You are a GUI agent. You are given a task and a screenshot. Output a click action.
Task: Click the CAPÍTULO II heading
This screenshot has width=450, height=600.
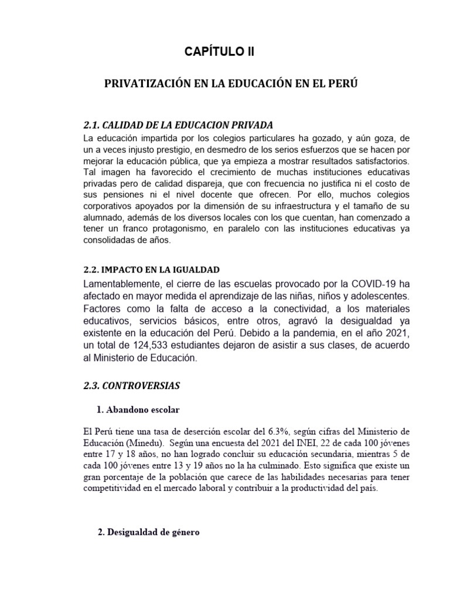[x=220, y=52]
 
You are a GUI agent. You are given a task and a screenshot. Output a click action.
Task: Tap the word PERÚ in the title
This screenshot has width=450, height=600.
[x=344, y=84]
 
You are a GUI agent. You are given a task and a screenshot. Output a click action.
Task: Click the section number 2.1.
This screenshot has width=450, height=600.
[x=93, y=125]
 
